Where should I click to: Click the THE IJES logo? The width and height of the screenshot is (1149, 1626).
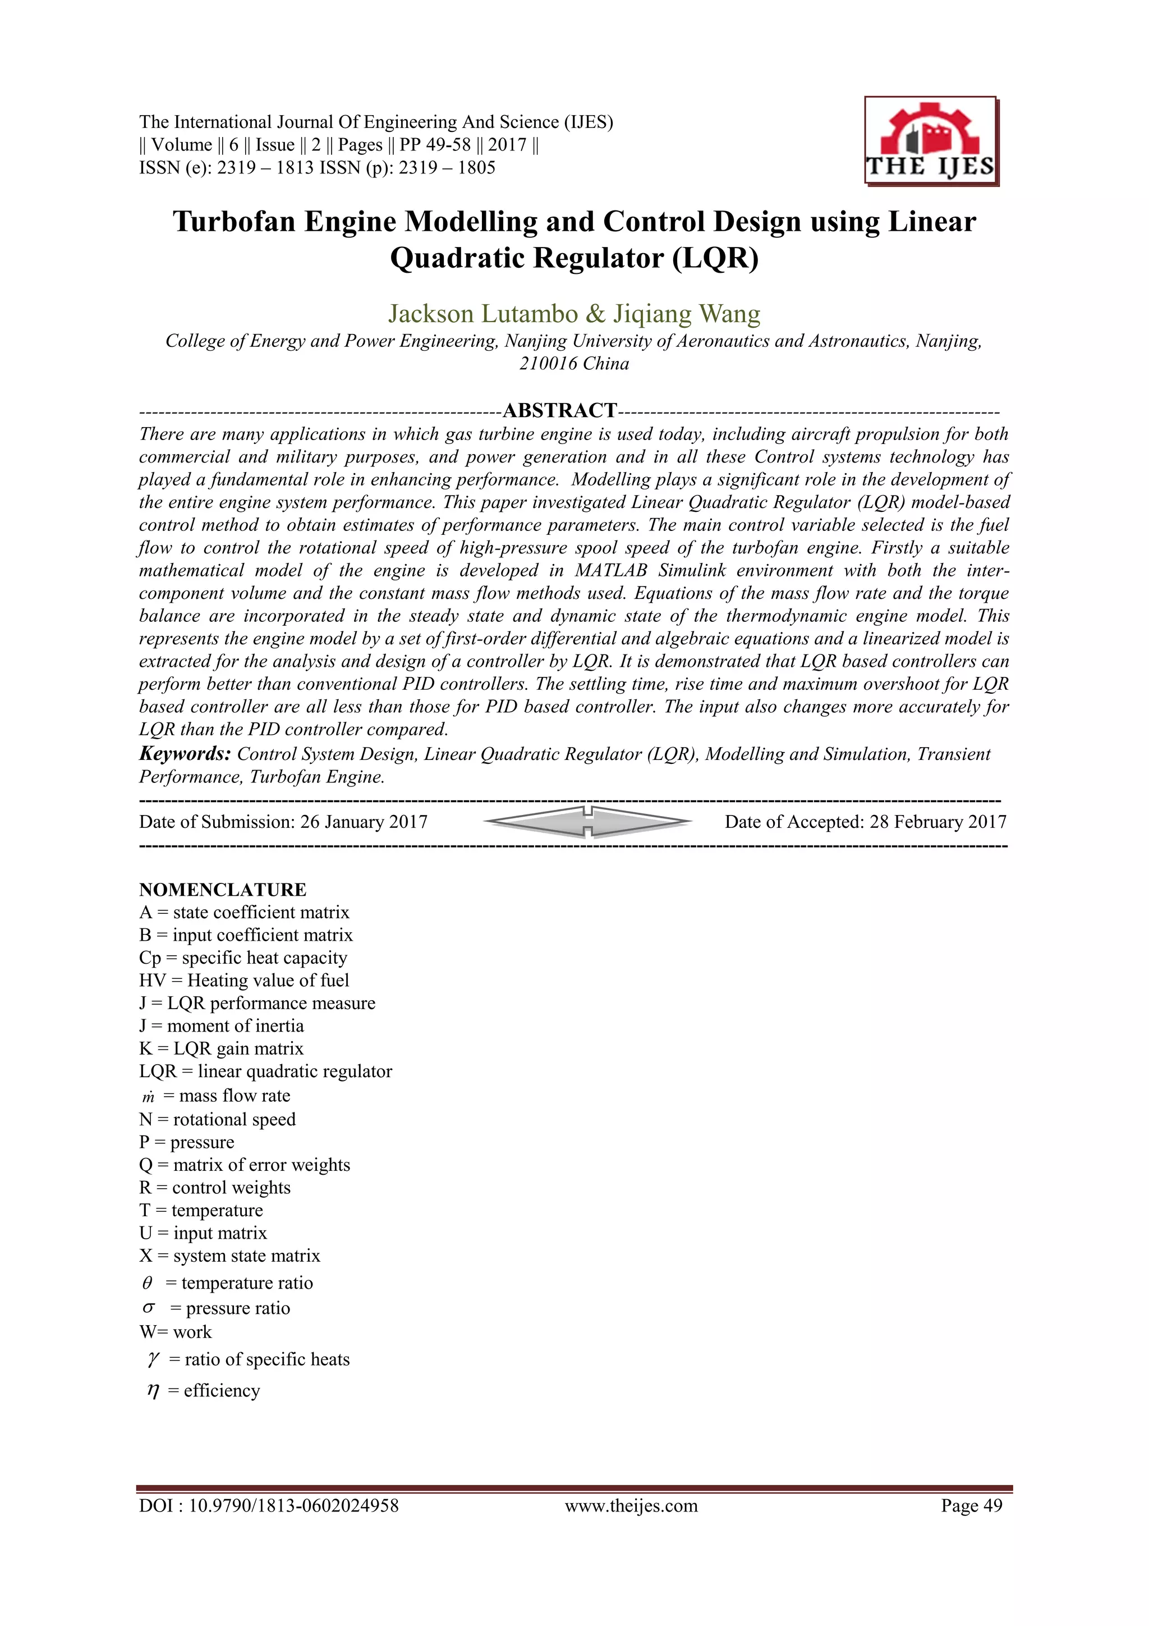point(930,141)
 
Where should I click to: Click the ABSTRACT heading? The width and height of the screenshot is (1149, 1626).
point(559,410)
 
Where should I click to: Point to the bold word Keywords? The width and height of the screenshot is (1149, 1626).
point(185,754)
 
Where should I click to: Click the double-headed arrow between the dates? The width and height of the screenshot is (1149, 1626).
point(587,822)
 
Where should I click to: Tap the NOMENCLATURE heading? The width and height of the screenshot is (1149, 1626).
point(222,890)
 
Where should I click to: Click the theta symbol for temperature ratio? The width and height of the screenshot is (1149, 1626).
point(147,1283)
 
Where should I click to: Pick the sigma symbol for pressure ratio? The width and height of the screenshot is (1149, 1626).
point(149,1307)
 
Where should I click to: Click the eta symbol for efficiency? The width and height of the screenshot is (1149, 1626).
point(152,1391)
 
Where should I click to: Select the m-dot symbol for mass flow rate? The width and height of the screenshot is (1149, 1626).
point(148,1097)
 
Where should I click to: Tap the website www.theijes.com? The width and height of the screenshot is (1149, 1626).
point(631,1506)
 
